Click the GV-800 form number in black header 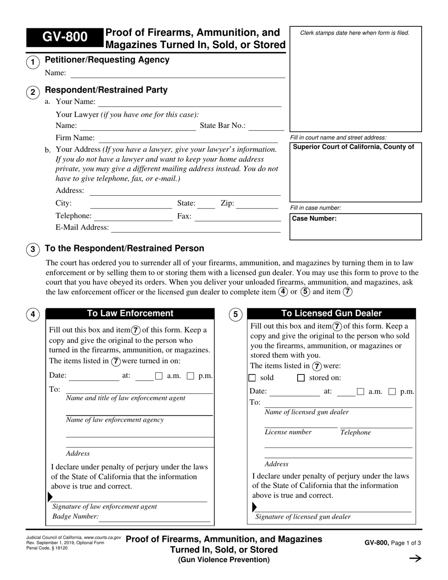[x=65, y=37]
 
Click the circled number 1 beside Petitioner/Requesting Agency [x=33, y=62]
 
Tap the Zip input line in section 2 [x=258, y=205]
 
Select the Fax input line [x=237, y=217]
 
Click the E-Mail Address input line [x=196, y=228]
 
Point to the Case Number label [x=314, y=219]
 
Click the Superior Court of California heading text [x=354, y=147]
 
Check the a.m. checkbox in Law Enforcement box [x=159, y=376]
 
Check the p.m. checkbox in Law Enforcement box [x=191, y=376]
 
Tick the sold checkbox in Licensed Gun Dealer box [x=252, y=378]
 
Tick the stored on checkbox [x=301, y=378]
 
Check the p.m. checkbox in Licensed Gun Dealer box [x=392, y=391]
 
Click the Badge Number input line [x=155, y=518]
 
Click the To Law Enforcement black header [x=130, y=314]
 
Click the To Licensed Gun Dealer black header [x=332, y=314]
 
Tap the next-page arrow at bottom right [x=415, y=559]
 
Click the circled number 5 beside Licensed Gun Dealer [x=235, y=315]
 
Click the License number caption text [x=288, y=432]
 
